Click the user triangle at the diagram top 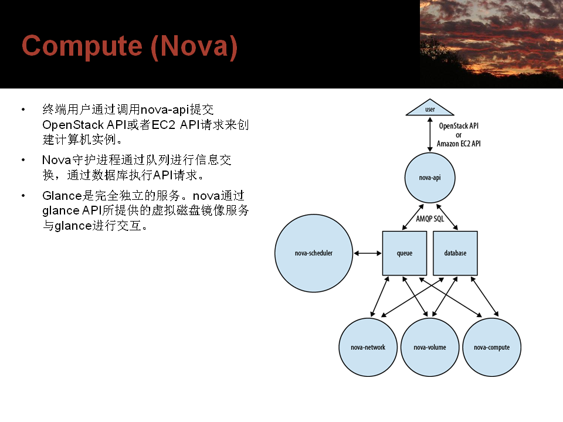pyautogui.click(x=430, y=108)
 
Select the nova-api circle pyautogui.click(x=430, y=178)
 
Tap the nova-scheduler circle pyautogui.click(x=313, y=253)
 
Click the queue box pyautogui.click(x=405, y=253)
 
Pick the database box pyautogui.click(x=455, y=253)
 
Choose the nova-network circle pyautogui.click(x=368, y=347)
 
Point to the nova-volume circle pyautogui.click(x=430, y=347)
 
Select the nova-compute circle pyautogui.click(x=491, y=347)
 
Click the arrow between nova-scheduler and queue pyautogui.click(x=368, y=253)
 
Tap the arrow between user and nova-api pyautogui.click(x=430, y=135)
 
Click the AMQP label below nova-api pyautogui.click(x=423, y=219)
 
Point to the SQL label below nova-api pyautogui.click(x=439, y=219)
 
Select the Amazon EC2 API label pyautogui.click(x=459, y=144)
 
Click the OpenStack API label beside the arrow pyautogui.click(x=459, y=125)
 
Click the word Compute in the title pyautogui.click(x=82, y=46)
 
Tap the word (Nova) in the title pyautogui.click(x=194, y=46)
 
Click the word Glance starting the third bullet pyautogui.click(x=63, y=196)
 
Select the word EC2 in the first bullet pyautogui.click(x=164, y=125)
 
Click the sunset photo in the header pyautogui.click(x=491, y=44)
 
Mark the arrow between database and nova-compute pyautogui.click(x=484, y=297)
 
